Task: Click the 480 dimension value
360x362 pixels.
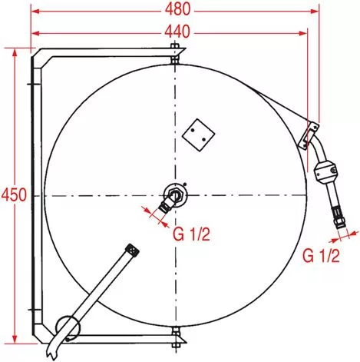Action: [x=177, y=10]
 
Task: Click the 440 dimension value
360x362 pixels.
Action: [x=177, y=32]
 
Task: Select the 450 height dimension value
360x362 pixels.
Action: [x=14, y=194]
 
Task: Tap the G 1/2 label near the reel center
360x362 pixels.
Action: [x=191, y=234]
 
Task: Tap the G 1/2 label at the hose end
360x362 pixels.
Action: [x=321, y=255]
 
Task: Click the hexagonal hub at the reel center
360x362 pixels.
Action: [x=176, y=195]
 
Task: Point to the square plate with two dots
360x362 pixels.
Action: [x=198, y=135]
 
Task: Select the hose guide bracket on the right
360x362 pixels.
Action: [x=309, y=135]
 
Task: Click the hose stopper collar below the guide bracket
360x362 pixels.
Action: [x=325, y=172]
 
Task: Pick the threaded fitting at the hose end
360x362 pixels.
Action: [x=339, y=218]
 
